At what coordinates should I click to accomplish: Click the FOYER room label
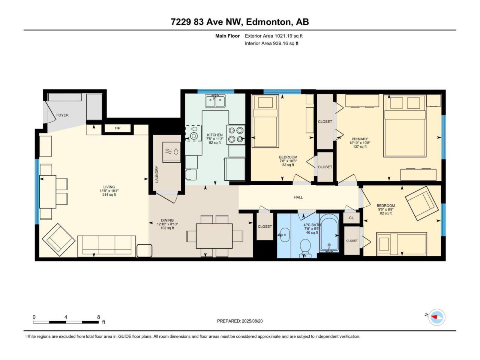pos(62,115)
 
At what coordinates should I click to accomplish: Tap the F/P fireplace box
pos(117,128)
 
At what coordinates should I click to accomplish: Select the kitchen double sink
pos(215,101)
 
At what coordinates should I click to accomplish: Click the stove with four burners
pos(236,135)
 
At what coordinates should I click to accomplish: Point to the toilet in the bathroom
pos(306,249)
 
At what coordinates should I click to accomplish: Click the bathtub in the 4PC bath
pos(329,233)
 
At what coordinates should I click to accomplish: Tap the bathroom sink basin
pos(285,235)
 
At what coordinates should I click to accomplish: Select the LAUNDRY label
pos(157,174)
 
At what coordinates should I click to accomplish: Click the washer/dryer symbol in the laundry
pos(172,152)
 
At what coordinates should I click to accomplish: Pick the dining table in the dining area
pos(214,236)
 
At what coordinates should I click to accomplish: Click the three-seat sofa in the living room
pos(107,246)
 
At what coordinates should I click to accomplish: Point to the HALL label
pos(298,197)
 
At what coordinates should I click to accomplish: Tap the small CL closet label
pos(351,218)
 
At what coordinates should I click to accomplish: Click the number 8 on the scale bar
pos(99,317)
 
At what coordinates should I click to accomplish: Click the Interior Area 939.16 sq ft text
pos(271,43)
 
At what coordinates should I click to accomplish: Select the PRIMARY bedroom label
pos(360,139)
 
